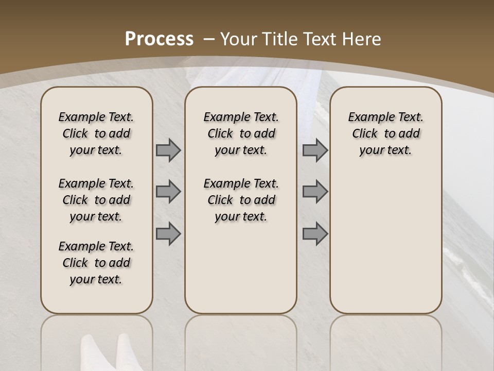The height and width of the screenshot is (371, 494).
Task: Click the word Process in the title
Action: (x=159, y=39)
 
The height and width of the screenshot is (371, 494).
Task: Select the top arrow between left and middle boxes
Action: (x=168, y=150)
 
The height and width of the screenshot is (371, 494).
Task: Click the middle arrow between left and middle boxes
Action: (x=168, y=192)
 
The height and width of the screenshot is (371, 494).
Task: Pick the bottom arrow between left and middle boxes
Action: (x=168, y=234)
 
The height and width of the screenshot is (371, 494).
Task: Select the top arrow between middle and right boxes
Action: (x=315, y=150)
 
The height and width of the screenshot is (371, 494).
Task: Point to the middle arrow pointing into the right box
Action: (x=315, y=192)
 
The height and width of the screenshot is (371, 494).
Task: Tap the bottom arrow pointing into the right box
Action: (x=315, y=234)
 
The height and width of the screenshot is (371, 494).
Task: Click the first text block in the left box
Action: (x=96, y=133)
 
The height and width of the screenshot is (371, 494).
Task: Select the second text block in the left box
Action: (x=96, y=200)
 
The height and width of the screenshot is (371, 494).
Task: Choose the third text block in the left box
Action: (x=96, y=263)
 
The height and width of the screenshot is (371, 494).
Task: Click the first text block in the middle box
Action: (x=241, y=133)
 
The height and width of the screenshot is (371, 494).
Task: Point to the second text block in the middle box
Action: (x=241, y=200)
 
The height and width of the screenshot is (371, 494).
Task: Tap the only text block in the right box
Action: (x=386, y=133)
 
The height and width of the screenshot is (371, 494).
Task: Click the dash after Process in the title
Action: (x=209, y=39)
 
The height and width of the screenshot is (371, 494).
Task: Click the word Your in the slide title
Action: (x=239, y=39)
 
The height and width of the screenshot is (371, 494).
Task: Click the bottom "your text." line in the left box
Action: (x=96, y=279)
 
